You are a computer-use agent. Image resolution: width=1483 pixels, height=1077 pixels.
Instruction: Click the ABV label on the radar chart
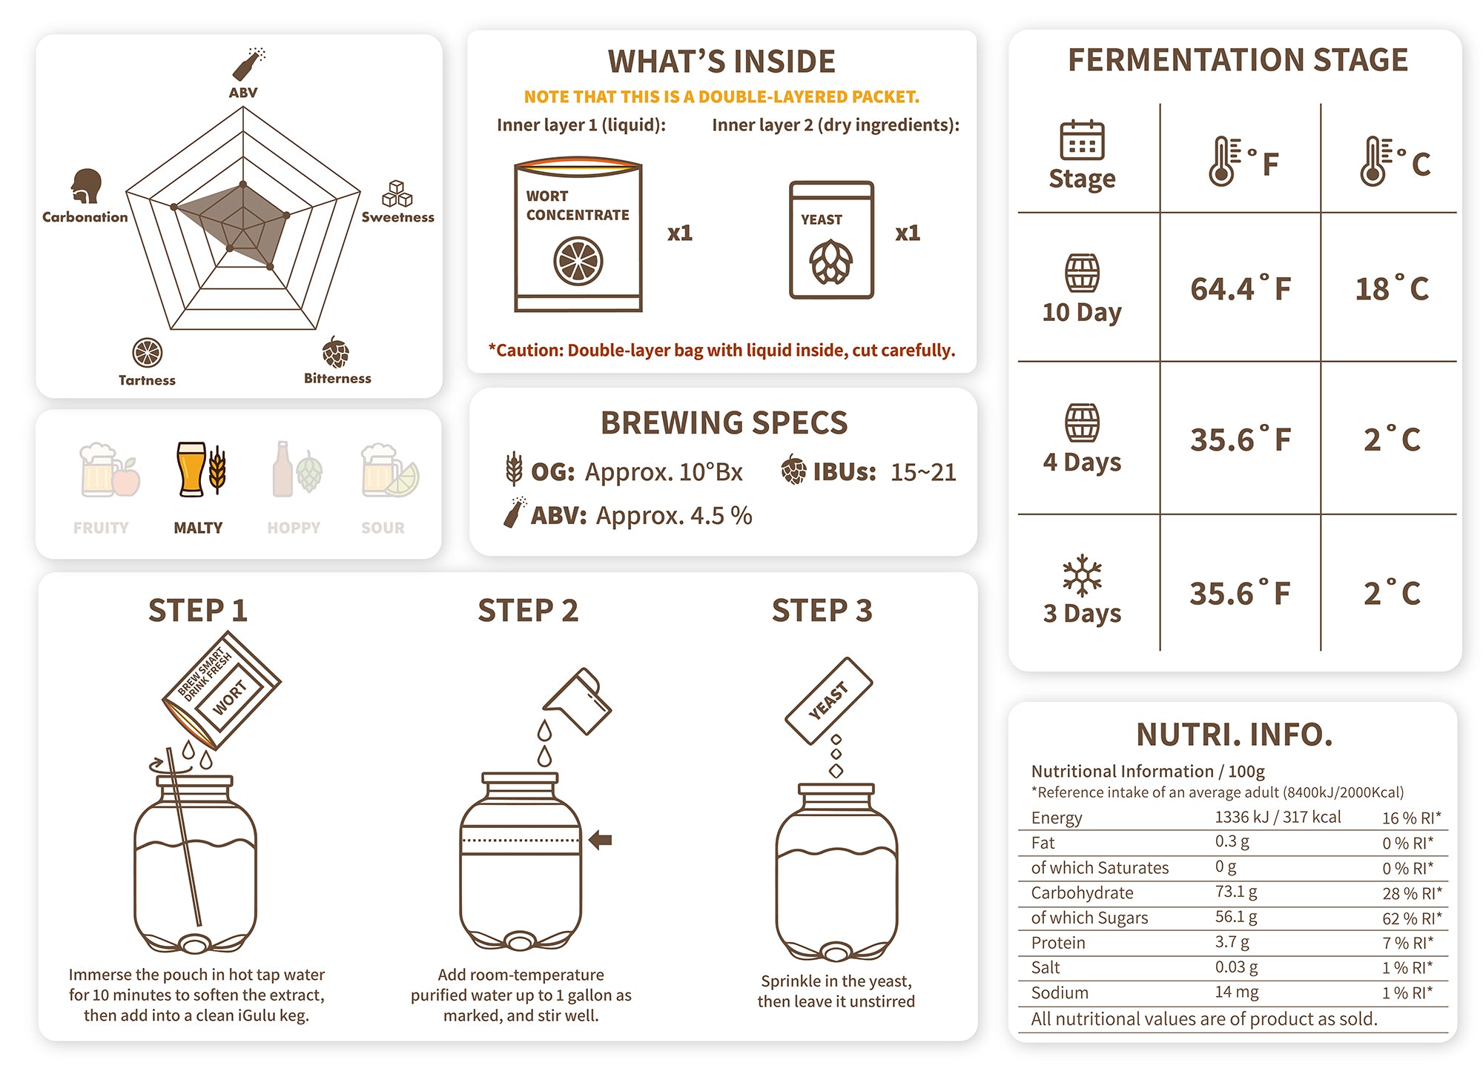pos(243,93)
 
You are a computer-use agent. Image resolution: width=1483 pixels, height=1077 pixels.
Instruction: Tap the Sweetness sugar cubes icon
pos(397,193)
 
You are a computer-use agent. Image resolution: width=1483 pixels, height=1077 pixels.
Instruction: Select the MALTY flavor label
pos(198,528)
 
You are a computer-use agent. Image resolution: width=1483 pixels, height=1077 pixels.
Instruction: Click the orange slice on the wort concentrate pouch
pos(578,261)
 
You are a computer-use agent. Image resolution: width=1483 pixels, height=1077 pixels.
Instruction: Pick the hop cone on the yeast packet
pos(831,262)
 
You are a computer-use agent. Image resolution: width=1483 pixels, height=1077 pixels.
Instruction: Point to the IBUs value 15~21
pos(923,472)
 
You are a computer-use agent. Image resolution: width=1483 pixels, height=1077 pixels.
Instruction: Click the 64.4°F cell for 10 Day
pos(1241,288)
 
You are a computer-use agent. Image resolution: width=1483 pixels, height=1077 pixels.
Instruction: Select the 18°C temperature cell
pos(1392,288)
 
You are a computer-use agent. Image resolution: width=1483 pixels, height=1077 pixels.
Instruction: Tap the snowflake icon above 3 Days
pos(1082,575)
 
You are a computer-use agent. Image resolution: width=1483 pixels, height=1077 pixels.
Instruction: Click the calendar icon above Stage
pos(1082,140)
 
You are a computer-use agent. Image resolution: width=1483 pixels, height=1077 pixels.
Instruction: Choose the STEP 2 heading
pos(528,611)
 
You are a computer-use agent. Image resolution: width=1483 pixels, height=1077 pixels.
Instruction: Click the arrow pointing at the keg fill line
pos(600,840)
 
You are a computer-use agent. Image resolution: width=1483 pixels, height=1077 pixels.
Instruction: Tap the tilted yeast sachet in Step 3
pos(828,700)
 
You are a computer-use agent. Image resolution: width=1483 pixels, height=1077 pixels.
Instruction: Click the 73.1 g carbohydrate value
pos(1236,892)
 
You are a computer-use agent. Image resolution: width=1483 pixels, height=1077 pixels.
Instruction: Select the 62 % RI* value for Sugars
pos(1412,918)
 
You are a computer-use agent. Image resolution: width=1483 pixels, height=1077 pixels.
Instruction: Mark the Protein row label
pos(1058,943)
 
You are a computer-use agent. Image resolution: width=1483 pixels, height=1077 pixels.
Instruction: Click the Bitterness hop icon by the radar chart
pos(336,352)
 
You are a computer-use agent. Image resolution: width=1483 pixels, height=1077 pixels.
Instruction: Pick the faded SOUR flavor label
pos(383,528)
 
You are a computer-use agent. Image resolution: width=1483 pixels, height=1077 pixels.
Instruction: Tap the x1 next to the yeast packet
pos(908,233)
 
